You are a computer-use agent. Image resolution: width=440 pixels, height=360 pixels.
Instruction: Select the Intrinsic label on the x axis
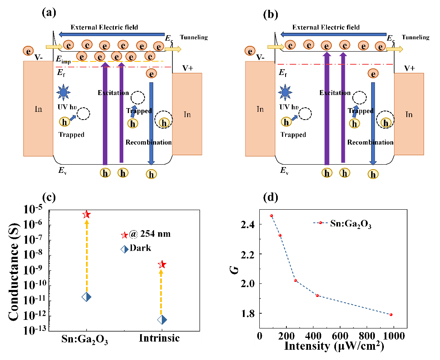pyautogui.click(x=159, y=338)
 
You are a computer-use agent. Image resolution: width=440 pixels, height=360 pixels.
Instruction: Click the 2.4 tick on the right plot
pyautogui.click(x=248, y=225)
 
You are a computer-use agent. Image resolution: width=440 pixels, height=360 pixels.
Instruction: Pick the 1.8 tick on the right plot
pyautogui.click(x=248, y=314)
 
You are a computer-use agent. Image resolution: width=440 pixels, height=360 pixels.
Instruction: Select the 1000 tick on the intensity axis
pyautogui.click(x=395, y=336)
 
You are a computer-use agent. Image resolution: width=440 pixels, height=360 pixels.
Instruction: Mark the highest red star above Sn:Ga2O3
pyautogui.click(x=86, y=214)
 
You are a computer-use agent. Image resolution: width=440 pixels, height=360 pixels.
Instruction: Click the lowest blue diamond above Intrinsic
pyautogui.click(x=162, y=320)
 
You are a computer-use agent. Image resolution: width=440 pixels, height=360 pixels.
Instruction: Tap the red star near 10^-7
pyautogui.click(x=125, y=235)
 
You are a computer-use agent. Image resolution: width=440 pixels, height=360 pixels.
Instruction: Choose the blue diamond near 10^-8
pyautogui.click(x=125, y=249)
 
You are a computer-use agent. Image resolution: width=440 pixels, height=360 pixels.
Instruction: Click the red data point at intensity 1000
pyautogui.click(x=391, y=315)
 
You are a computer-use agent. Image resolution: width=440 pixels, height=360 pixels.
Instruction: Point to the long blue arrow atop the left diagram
pyautogui.click(x=112, y=34)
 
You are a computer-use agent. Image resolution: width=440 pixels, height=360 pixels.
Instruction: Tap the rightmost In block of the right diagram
pyautogui.click(x=409, y=114)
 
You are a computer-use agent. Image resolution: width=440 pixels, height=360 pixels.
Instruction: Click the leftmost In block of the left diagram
pyautogui.click(x=38, y=109)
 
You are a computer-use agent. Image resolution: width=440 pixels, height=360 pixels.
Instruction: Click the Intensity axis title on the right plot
pyautogui.click(x=334, y=345)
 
